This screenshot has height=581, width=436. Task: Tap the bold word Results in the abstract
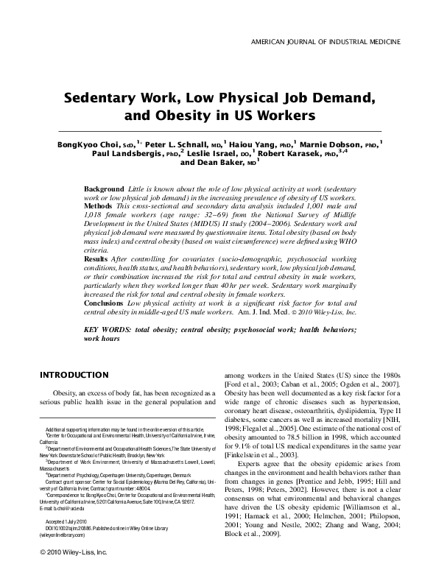(98, 259)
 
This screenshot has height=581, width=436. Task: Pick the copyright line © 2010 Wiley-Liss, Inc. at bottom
(75, 552)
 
